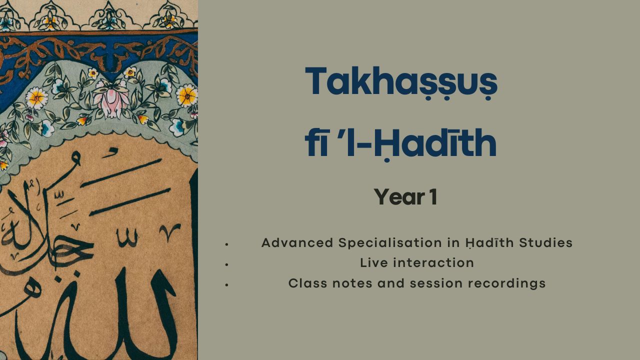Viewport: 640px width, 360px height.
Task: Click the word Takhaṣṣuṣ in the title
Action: (x=401, y=82)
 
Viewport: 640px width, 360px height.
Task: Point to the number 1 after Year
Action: (x=433, y=197)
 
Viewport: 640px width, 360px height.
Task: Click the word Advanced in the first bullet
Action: (x=297, y=243)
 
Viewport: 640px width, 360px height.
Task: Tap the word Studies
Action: (x=546, y=243)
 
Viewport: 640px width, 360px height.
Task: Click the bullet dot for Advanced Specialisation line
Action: (x=226, y=244)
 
